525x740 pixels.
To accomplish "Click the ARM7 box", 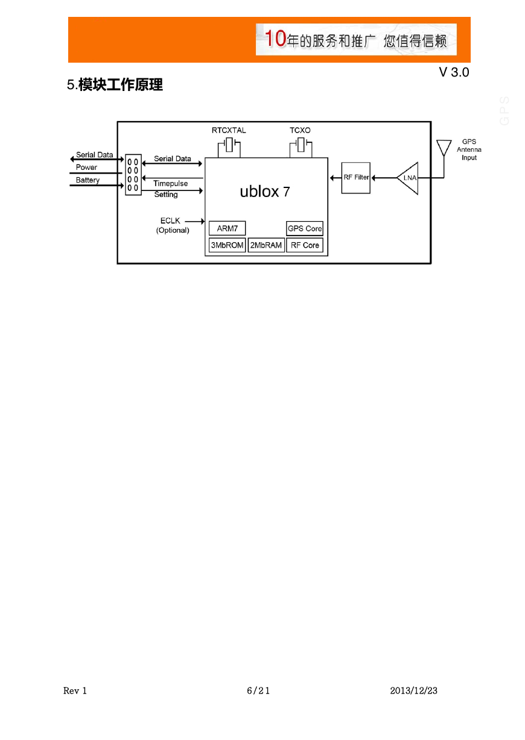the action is (227, 228).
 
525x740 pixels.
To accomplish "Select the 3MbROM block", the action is (227, 245).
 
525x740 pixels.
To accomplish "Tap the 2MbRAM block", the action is (266, 245).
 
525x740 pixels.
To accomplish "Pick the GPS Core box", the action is (305, 228).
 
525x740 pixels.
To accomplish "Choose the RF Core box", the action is (305, 245).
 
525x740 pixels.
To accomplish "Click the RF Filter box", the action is (355, 178).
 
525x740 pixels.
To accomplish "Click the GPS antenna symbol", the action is (444, 148).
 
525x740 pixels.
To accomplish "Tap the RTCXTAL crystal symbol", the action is (229, 145).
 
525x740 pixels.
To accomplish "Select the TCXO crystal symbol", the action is (301, 145).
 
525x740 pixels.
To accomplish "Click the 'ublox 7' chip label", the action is (265, 192).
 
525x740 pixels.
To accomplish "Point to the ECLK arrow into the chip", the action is (194, 221).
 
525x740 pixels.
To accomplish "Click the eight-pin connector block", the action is (133, 175).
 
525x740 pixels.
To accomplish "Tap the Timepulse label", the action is (170, 183).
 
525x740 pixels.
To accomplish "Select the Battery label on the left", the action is (87, 180).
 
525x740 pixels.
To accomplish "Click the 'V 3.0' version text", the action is (454, 72).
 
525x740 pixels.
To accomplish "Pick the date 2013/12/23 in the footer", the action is (413, 690).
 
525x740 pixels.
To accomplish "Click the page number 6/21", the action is (258, 690).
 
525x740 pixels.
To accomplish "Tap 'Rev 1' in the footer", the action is (75, 691).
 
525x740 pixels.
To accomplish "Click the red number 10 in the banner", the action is (275, 39).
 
